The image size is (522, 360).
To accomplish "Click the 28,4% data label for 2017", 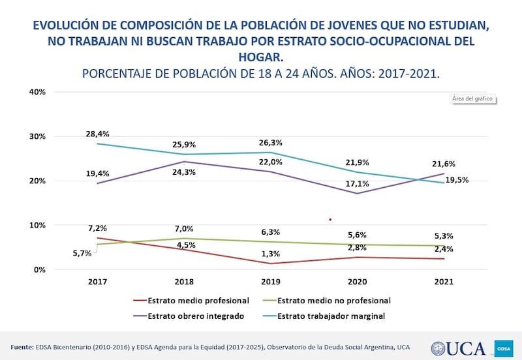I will (97, 134).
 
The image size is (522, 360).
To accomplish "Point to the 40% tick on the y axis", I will (37, 92).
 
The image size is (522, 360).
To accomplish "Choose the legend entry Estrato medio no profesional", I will (333, 301).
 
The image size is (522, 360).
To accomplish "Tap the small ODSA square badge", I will (504, 348).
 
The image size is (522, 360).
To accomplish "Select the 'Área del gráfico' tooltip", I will (472, 99).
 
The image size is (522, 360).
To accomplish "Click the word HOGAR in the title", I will (261, 57).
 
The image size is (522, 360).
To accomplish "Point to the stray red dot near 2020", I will (330, 220).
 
